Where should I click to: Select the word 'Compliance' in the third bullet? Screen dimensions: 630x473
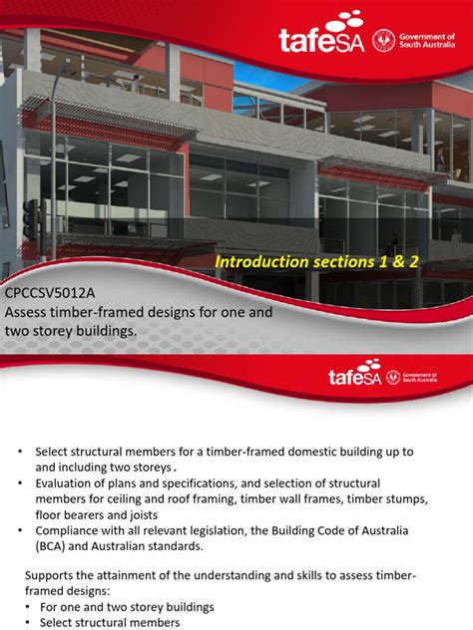[x=73, y=531]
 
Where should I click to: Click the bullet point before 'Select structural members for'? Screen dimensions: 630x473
[x=19, y=452]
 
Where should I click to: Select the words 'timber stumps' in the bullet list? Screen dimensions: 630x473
[x=375, y=499]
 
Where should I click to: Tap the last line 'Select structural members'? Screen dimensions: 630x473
[x=103, y=622]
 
